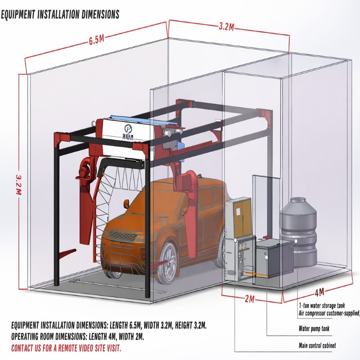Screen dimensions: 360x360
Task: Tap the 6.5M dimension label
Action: pyautogui.click(x=96, y=40)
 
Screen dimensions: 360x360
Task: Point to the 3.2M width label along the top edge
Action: pyautogui.click(x=226, y=26)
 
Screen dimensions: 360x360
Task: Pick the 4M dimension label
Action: pyautogui.click(x=319, y=293)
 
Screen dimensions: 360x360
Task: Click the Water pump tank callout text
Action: pyautogui.click(x=314, y=329)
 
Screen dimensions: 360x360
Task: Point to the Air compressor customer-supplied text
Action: pyautogui.click(x=328, y=313)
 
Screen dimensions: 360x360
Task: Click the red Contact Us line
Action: pyautogui.click(x=66, y=348)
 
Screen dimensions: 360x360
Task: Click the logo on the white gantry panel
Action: pyautogui.click(x=127, y=131)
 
